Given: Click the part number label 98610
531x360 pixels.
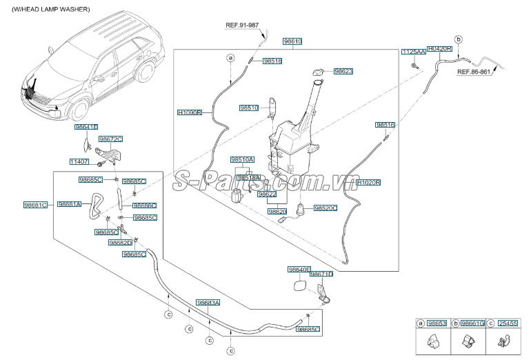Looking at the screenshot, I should click(293, 41).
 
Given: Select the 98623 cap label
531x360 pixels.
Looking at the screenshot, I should click(343, 71).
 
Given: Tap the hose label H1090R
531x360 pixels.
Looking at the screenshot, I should click(189, 112).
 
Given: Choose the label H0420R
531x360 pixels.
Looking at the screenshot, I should click(439, 49).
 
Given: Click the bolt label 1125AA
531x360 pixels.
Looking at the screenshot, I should click(412, 52).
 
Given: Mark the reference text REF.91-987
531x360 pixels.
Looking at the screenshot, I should click(242, 25).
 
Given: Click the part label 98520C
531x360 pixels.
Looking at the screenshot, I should click(325, 207).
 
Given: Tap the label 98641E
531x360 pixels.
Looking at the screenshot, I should click(87, 128).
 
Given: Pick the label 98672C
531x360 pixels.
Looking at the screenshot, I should click(110, 139).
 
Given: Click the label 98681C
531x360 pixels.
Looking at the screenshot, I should click(35, 205).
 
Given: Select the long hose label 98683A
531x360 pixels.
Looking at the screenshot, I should click(208, 303).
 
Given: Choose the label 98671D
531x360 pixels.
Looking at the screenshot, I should click(321, 274).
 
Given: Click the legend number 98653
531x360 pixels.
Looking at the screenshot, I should click(437, 323).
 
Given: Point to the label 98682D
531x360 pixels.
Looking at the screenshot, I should click(120, 243).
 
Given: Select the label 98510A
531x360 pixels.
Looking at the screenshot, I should click(242, 159).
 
